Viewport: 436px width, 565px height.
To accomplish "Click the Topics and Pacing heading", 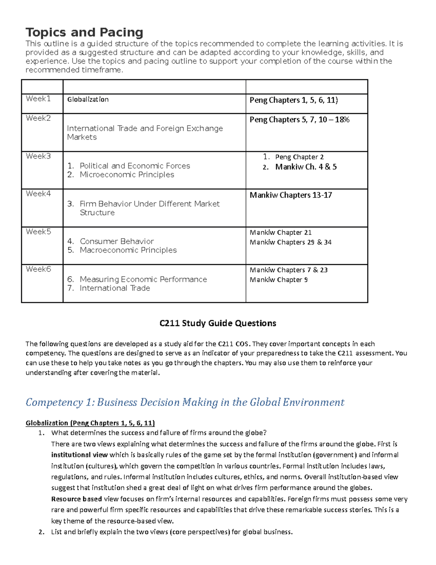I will click(84, 32).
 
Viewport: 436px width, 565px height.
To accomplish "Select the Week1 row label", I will click(38, 99).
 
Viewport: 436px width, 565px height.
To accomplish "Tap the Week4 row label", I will click(38, 194).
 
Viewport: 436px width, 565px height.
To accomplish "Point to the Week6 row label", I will click(38, 269).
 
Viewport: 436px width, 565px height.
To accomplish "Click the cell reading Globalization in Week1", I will click(88, 99).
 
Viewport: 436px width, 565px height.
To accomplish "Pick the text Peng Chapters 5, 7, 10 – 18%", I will click(299, 120).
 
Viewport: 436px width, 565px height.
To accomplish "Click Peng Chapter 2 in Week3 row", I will click(299, 157).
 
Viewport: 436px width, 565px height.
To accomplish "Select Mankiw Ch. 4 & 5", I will click(306, 167).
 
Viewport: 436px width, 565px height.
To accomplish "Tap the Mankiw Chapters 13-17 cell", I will click(291, 195).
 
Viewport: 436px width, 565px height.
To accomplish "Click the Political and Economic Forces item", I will click(135, 166).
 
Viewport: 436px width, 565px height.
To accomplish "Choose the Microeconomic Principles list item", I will click(127, 175).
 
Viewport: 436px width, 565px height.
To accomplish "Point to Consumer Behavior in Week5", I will click(117, 241).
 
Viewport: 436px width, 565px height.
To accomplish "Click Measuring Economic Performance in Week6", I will click(143, 279).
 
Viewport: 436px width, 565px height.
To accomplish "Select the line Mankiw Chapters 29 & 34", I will click(290, 242).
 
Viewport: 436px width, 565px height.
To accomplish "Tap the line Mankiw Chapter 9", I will click(278, 280).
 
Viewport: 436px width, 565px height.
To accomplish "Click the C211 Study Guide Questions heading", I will click(218, 323).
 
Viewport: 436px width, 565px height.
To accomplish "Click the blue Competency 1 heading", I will click(185, 402).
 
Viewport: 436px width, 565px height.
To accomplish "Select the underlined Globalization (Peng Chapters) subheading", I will click(90, 423).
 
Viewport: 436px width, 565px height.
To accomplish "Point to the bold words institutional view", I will click(79, 455).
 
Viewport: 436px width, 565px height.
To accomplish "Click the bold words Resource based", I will click(76, 499).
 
